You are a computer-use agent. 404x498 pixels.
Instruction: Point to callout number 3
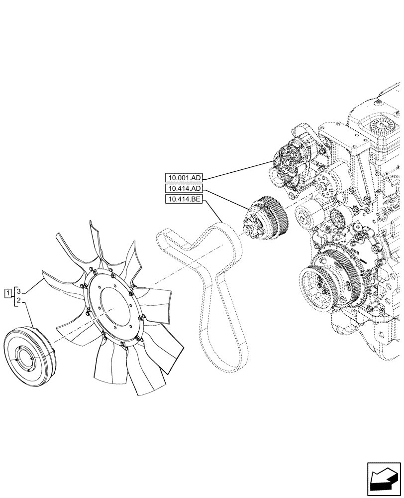(x=18, y=290)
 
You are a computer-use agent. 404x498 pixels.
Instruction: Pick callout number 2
(x=18, y=300)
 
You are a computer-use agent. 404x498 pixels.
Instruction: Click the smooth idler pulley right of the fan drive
(x=308, y=214)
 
